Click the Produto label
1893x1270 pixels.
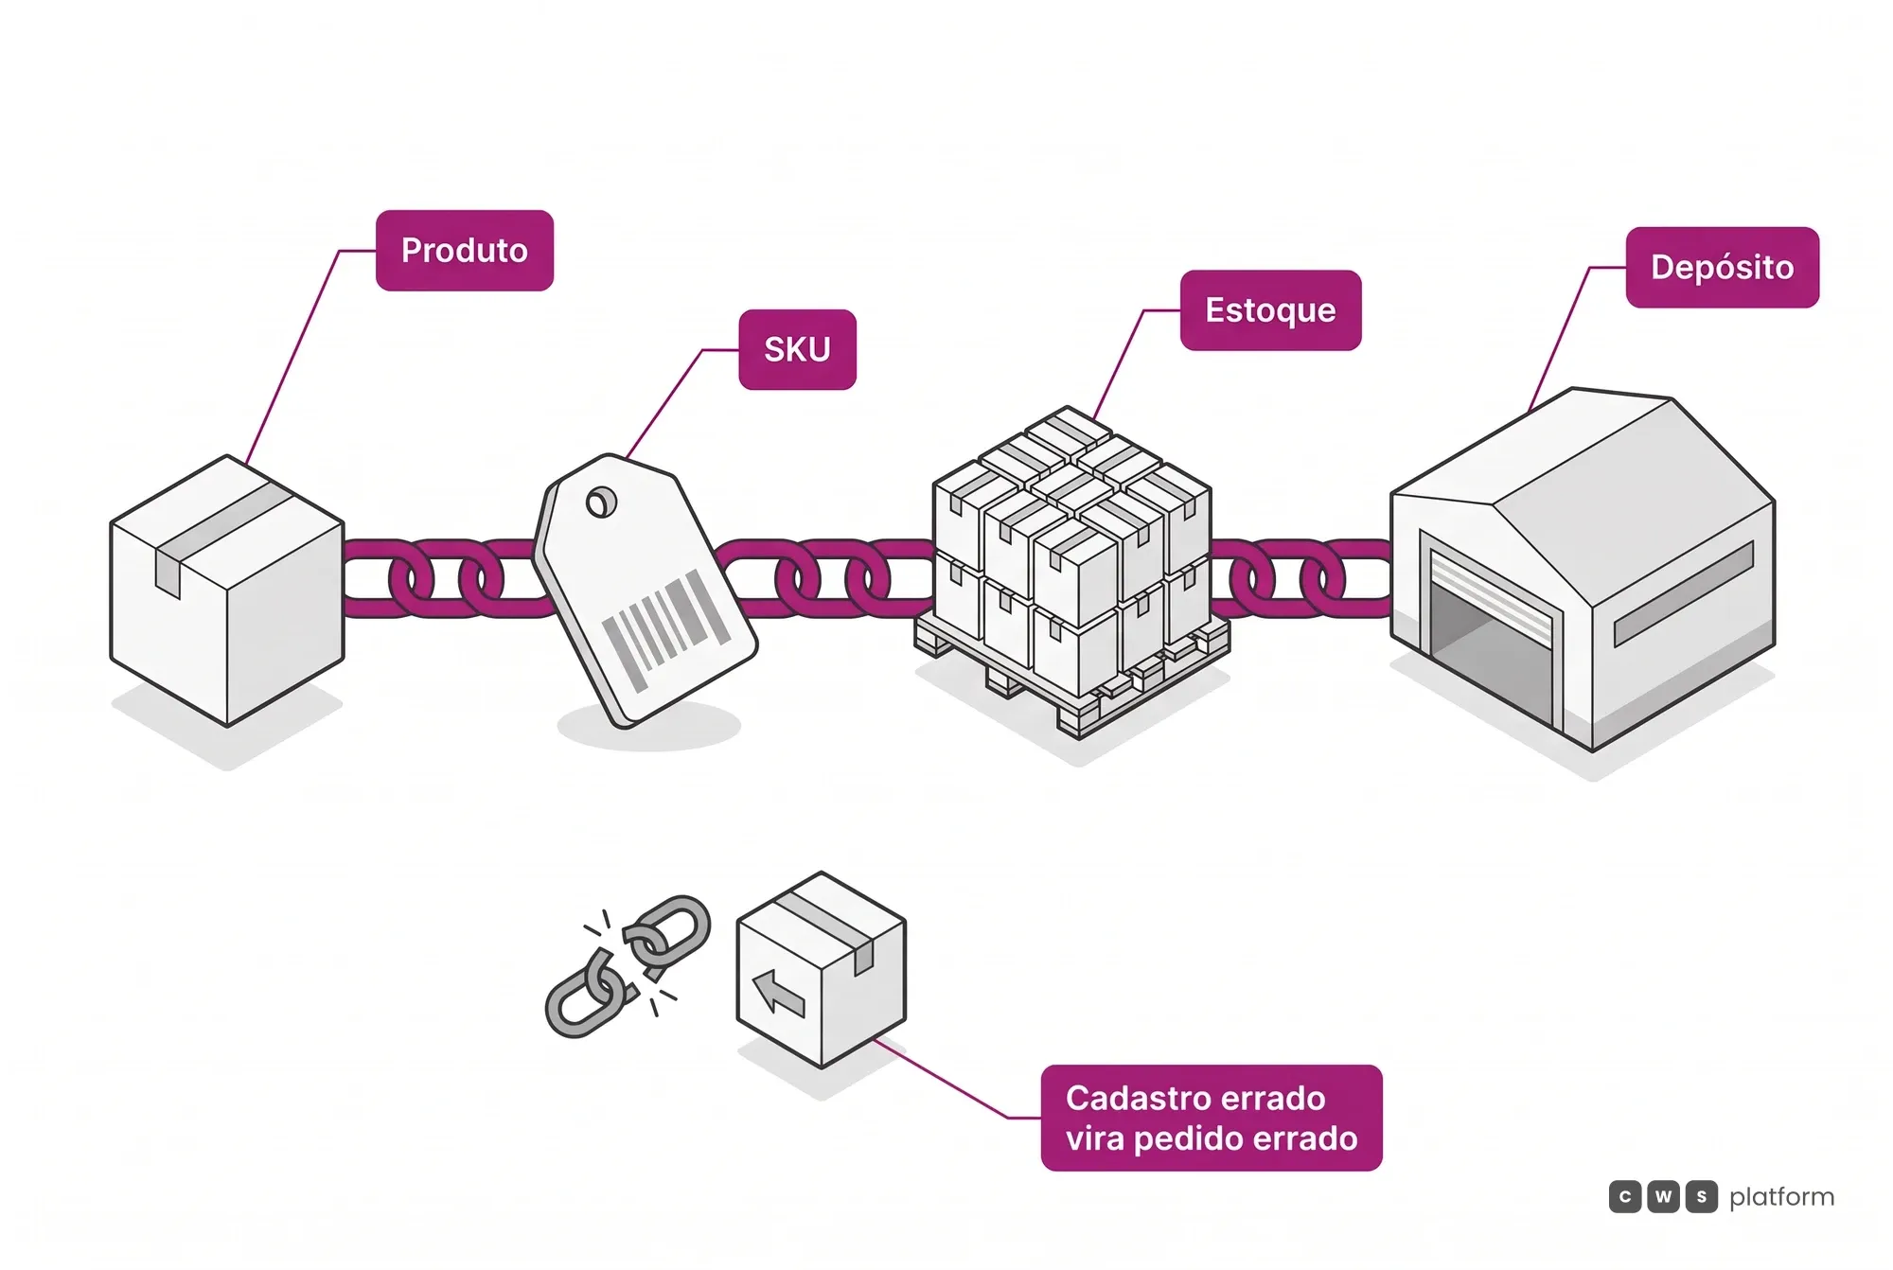pos(464,251)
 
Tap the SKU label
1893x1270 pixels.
pos(797,349)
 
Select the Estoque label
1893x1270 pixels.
pos(1270,310)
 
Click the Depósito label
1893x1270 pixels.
pos(1722,267)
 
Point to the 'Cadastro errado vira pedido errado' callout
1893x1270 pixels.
pos(1212,1118)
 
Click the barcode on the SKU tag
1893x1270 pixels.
pos(666,627)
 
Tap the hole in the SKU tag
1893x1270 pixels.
pos(601,503)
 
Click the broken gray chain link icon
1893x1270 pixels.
pos(628,966)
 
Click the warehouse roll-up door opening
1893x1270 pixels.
pos(1491,644)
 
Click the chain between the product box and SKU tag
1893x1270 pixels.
pos(440,578)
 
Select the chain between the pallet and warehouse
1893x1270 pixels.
pos(1300,578)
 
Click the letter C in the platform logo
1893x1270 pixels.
pos(1625,1197)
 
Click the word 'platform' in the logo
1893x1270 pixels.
pos(1781,1197)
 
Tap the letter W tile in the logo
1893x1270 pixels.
pos(1663,1197)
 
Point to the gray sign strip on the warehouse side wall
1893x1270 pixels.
pos(1684,593)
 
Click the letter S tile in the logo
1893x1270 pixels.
pos(1701,1197)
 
